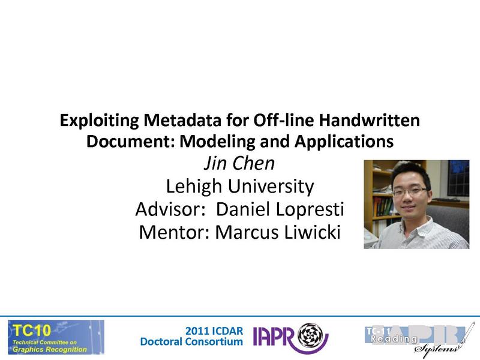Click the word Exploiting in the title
[96, 121]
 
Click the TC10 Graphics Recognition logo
[56, 337]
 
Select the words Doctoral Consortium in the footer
[191, 342]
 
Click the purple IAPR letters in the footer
[275, 337]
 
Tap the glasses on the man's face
[410, 191]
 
